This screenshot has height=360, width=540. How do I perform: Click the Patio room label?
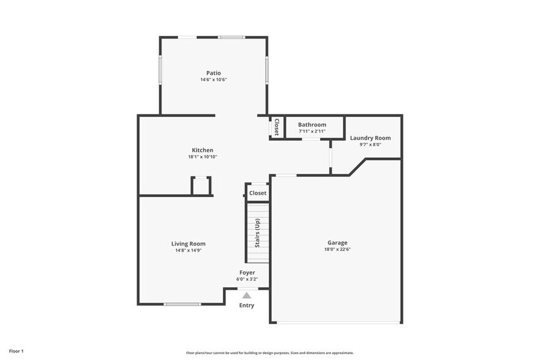pos(213,73)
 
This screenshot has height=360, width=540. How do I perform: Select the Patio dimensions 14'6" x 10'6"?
pos(213,80)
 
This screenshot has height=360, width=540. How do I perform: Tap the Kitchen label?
pos(203,150)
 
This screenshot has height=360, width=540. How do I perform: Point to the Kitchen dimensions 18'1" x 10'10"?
pos(203,157)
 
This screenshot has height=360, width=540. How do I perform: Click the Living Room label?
pos(188,243)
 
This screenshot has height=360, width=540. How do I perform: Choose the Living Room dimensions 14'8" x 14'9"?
pos(188,250)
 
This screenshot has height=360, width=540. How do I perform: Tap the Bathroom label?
pos(312,124)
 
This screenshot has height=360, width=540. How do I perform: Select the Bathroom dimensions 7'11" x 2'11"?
pos(312,131)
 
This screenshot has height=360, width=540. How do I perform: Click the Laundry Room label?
pos(370,138)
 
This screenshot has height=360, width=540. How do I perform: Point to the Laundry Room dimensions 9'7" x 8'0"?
pos(370,145)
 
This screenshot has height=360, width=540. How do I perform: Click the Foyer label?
pos(247,272)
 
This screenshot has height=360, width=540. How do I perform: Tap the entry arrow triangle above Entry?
pos(247,295)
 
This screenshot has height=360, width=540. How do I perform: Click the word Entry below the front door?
pos(247,306)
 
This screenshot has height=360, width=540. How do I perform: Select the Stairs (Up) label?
pos(258,233)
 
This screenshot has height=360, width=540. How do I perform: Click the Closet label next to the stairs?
pos(258,193)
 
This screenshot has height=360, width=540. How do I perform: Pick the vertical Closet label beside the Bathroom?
pos(277,127)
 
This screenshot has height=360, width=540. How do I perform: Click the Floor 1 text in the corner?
pos(16,351)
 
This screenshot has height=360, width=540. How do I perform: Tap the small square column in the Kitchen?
pos(201,186)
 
